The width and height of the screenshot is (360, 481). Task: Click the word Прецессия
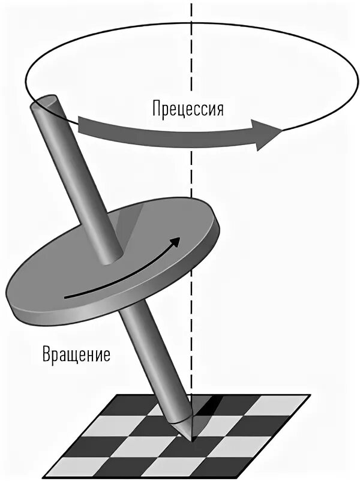(x=188, y=109)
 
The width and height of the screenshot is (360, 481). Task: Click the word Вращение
(x=76, y=354)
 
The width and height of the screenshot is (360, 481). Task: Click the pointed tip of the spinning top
(x=193, y=440)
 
